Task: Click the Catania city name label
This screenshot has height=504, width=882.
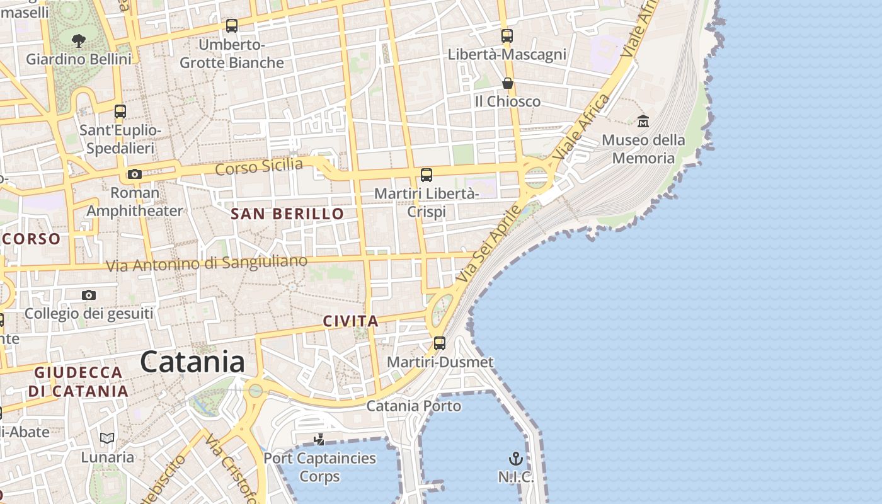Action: (192, 362)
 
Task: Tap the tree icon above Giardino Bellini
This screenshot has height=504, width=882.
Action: (79, 41)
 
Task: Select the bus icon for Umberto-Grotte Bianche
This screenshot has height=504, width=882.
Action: (232, 26)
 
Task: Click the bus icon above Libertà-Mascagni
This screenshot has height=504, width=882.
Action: (507, 36)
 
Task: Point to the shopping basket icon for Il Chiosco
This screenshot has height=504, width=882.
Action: (507, 83)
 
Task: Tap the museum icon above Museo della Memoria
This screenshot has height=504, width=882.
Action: (643, 121)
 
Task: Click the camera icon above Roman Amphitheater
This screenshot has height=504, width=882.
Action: (134, 175)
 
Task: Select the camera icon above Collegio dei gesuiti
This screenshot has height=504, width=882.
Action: (89, 295)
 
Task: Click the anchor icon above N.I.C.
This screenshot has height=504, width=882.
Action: (516, 459)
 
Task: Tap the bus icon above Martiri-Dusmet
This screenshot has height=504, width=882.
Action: (440, 343)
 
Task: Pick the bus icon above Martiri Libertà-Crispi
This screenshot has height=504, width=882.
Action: (427, 175)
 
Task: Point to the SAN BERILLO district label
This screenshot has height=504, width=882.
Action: (287, 214)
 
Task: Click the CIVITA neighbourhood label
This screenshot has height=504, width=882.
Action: (351, 321)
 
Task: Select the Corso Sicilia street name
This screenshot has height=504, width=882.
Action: (259, 167)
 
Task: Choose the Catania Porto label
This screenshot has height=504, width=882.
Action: (414, 406)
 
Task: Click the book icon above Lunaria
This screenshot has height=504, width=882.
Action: (108, 438)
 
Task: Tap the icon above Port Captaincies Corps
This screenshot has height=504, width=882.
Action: (319, 439)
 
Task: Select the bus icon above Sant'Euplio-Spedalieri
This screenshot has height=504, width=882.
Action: (120, 112)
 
